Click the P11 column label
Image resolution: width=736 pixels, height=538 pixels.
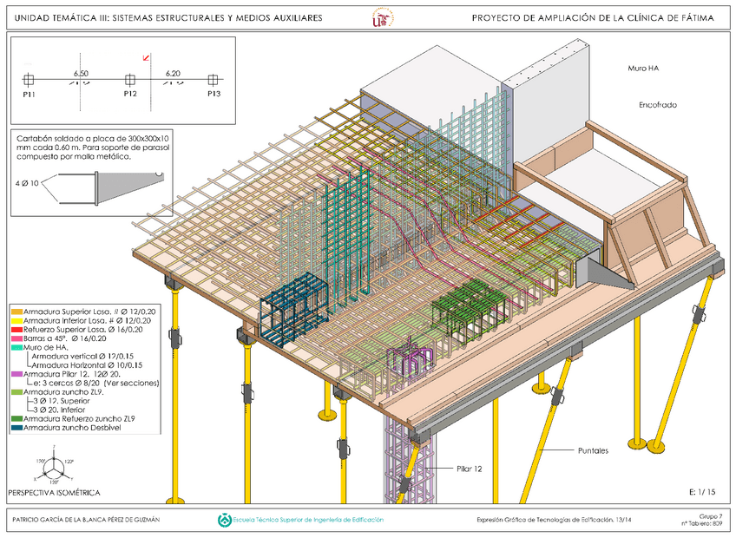coord(30,93)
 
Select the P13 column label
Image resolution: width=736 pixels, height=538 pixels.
coord(214,93)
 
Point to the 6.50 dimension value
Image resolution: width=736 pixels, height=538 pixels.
coord(81,74)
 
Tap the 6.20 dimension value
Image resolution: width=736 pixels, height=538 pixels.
coord(173,74)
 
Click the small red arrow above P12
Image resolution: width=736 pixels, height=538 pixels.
coord(146,58)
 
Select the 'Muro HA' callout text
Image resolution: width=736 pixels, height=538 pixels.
coord(643,67)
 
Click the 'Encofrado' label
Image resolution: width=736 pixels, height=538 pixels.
coord(657,105)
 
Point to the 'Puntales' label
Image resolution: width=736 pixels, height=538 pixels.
coord(594,450)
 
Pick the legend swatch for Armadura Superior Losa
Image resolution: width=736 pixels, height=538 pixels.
coord(16,311)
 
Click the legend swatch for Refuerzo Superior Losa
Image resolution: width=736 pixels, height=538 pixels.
coord(16,330)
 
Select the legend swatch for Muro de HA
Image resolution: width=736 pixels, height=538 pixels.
coord(16,347)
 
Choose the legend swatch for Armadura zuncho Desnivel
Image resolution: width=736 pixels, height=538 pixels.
coord(16,428)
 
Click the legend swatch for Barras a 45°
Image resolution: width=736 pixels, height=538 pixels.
coord(16,338)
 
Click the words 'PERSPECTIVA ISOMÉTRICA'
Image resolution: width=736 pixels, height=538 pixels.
coord(54,492)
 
